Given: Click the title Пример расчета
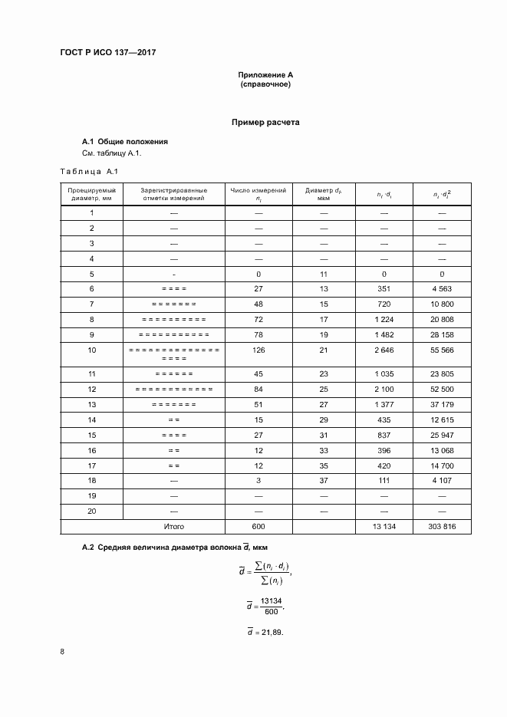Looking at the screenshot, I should pos(265,122).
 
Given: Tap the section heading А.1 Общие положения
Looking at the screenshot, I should pos(125,142).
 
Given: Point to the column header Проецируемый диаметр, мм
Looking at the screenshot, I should pos(91,193).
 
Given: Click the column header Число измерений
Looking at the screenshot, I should pos(258,193).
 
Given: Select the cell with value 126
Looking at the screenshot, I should pos(258,350).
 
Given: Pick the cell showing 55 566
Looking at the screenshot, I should pos(442,350).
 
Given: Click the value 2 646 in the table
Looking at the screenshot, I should pos(384,350).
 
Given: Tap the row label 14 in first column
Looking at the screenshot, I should pos(91,419).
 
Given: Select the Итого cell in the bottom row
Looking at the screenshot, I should pos(174,527).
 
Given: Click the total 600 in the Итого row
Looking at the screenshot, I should pos(258,527).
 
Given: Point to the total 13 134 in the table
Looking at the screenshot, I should pos(384,527).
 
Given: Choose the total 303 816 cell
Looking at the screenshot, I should pos(442,527).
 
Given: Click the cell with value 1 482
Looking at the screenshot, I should pos(384,334).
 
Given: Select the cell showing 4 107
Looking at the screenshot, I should pos(442,481).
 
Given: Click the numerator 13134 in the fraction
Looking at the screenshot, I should pos(270,600).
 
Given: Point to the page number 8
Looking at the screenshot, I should pos(62,652).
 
